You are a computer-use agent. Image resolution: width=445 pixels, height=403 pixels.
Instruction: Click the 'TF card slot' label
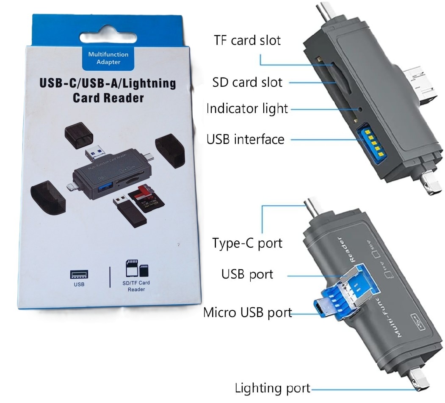point(247,41)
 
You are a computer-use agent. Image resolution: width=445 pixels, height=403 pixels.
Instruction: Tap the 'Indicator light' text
point(247,109)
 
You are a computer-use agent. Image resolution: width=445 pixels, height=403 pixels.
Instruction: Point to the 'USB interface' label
point(246,139)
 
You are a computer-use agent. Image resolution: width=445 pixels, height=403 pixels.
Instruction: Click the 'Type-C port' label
point(247,243)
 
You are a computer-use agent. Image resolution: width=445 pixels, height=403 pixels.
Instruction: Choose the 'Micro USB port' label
point(248,312)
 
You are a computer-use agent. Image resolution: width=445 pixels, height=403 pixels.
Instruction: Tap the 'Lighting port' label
point(272,388)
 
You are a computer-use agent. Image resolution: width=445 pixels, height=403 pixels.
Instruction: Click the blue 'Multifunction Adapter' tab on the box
point(108,58)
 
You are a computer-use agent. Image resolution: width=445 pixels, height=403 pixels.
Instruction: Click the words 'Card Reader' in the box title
point(108,98)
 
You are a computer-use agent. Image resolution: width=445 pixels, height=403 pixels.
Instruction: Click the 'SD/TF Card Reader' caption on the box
point(136,286)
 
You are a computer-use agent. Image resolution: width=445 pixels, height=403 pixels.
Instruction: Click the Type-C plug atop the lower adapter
point(313,207)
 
